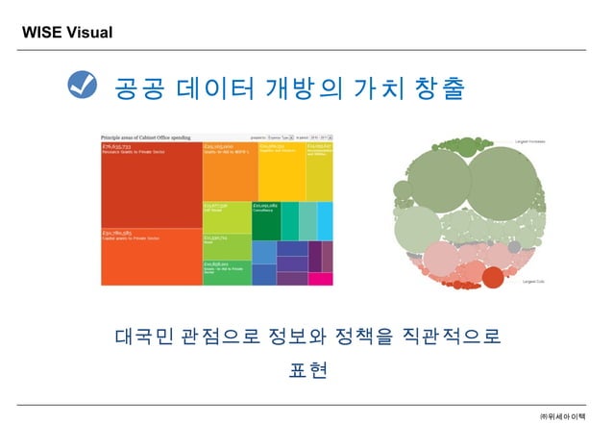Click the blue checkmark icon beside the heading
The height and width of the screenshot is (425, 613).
coord(84,87)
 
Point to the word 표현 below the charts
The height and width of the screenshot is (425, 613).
coord(307,369)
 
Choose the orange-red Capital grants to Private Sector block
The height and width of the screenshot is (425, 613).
coord(150,258)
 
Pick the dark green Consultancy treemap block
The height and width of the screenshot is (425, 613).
coord(265,220)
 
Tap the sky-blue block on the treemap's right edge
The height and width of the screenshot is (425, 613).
coord(325,220)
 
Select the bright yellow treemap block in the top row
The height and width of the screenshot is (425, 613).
coord(282,171)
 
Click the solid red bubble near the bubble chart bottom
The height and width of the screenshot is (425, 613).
coord(492,278)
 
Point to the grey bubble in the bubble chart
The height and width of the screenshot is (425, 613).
coord(514,247)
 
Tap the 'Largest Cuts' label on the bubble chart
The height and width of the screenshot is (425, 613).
coord(534,282)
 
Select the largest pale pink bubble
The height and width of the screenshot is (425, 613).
coord(444,259)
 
